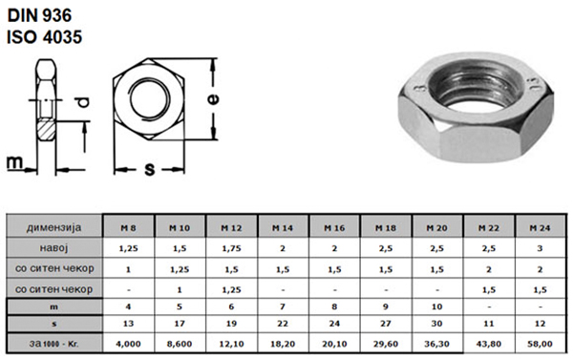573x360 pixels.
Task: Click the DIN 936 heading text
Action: click(x=39, y=15)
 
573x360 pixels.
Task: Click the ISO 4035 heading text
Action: click(x=45, y=37)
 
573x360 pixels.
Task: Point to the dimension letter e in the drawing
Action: click(x=213, y=98)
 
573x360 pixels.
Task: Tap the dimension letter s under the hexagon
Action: click(x=150, y=170)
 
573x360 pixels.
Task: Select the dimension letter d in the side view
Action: click(x=83, y=102)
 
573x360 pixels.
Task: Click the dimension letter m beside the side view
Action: click(x=14, y=162)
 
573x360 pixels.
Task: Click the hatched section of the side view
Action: click(x=46, y=131)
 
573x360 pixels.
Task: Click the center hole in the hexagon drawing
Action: click(x=150, y=98)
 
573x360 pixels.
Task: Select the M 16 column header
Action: click(x=334, y=227)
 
